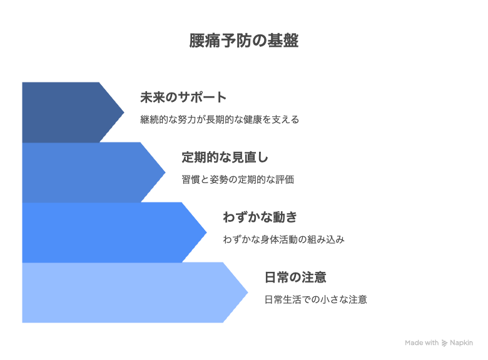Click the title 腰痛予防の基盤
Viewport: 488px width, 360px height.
pyautogui.click(x=244, y=41)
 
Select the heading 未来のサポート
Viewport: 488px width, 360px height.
pyautogui.click(x=183, y=97)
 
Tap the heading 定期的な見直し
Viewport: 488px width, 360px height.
pyautogui.click(x=225, y=157)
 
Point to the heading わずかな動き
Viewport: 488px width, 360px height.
pyautogui.click(x=260, y=217)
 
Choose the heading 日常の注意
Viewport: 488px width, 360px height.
pyautogui.click(x=295, y=277)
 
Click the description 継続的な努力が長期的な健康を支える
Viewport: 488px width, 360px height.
pyautogui.click(x=220, y=119)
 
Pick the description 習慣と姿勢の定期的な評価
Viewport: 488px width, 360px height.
pyautogui.click(x=238, y=179)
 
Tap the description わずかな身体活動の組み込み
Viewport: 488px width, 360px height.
pyautogui.click(x=284, y=239)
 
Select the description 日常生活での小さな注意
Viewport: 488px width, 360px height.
pyautogui.click(x=315, y=299)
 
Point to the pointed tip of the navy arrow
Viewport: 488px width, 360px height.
pyautogui.click(x=124, y=112)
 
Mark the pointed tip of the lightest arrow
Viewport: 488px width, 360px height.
pyautogui.click(x=248, y=292)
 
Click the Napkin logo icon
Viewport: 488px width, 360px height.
pyautogui.click(x=444, y=343)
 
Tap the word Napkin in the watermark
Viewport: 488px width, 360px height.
pyautogui.click(x=461, y=343)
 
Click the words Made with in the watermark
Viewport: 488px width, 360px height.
pyautogui.click(x=422, y=342)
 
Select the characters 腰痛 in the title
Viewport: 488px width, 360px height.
pyautogui.click(x=205, y=41)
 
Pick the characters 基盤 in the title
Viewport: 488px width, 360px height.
pyautogui.click(x=283, y=41)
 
